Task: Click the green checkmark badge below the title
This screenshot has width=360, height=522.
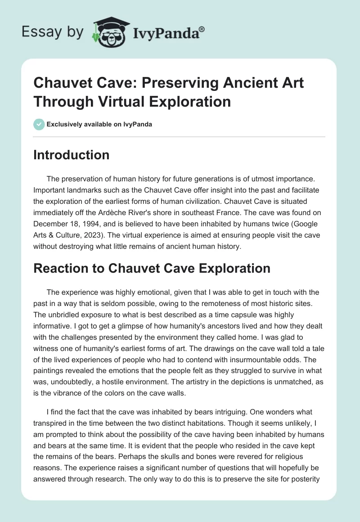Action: pos(39,124)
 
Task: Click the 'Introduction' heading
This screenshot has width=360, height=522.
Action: pos(72,155)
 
